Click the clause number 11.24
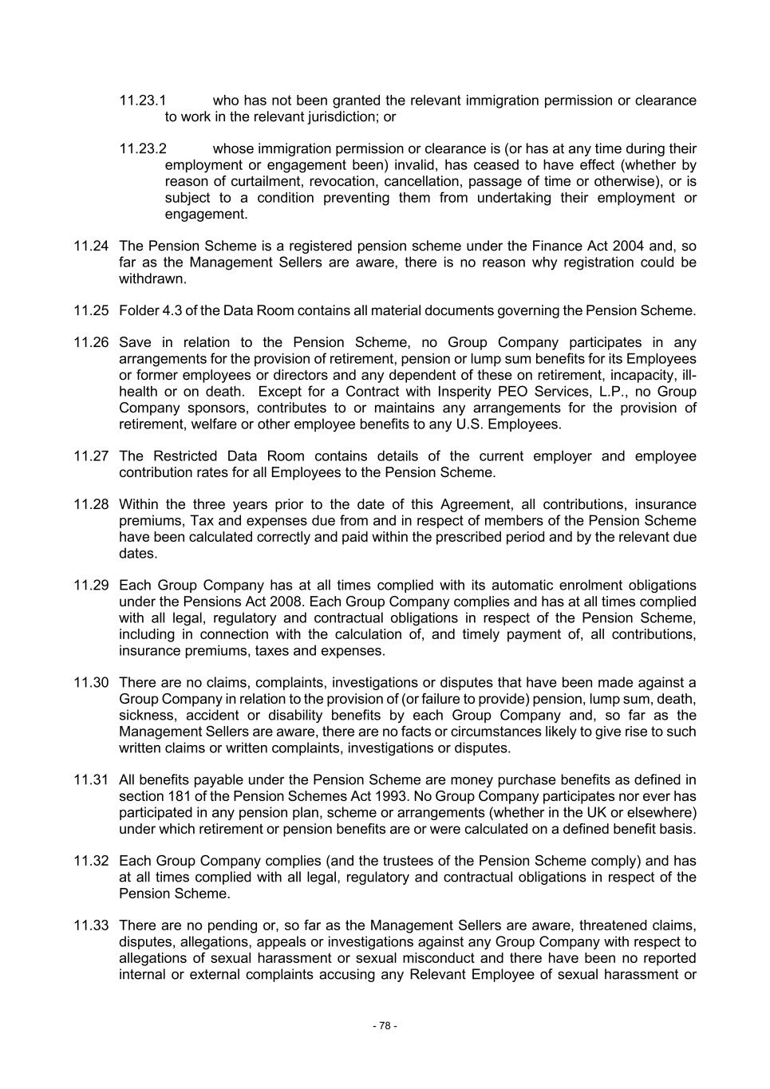pyautogui.click(x=90, y=246)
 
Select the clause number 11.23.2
pyautogui.click(x=143, y=148)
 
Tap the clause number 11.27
pyautogui.click(x=90, y=456)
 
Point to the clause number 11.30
pyautogui.click(x=90, y=683)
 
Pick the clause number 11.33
pyautogui.click(x=90, y=925)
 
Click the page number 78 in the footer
pyautogui.click(x=385, y=1026)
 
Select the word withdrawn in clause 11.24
pyautogui.click(x=152, y=278)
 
